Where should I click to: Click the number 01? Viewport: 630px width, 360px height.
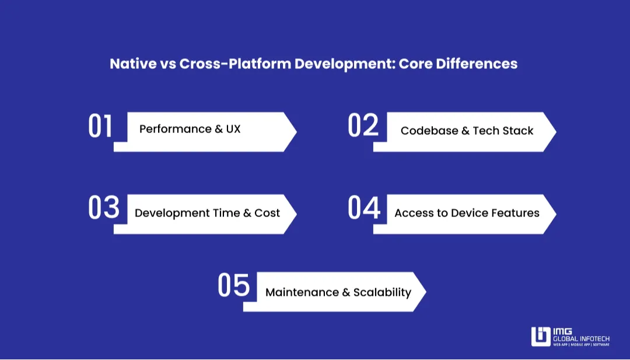click(x=100, y=127)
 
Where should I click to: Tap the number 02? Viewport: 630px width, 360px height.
click(x=363, y=125)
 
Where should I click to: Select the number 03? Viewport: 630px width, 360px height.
click(x=104, y=208)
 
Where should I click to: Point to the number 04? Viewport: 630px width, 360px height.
click(x=364, y=208)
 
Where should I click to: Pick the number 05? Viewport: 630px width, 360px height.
click(x=233, y=286)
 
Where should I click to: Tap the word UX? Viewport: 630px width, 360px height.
click(x=233, y=129)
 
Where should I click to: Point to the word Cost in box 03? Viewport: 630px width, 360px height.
click(x=267, y=213)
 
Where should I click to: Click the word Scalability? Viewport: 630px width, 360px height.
click(x=382, y=292)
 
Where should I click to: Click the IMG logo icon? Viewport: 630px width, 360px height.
click(x=540, y=337)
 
